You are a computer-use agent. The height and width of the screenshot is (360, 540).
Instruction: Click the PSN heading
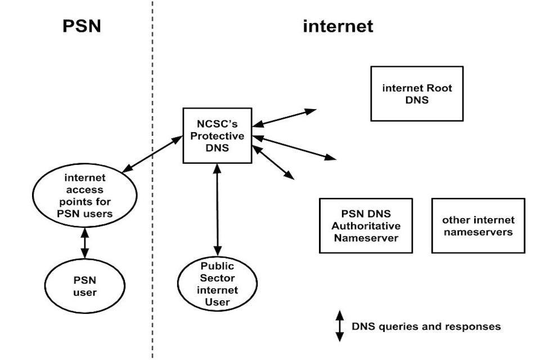[x=82, y=26]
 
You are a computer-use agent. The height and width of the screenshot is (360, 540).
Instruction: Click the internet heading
[x=337, y=26]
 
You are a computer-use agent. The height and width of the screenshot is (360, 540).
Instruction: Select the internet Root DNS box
[x=417, y=94]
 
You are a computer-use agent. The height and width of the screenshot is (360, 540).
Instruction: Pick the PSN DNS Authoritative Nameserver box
[x=366, y=226]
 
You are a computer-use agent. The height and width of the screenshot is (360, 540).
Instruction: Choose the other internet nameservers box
[x=478, y=226]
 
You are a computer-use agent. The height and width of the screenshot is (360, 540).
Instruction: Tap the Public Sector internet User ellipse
[x=217, y=285]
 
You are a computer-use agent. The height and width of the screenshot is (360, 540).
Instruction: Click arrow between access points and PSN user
[x=84, y=242]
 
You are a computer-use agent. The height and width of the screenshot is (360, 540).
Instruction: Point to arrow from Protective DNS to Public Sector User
[x=217, y=209]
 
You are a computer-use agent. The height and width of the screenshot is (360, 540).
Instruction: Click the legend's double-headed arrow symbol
[x=339, y=326]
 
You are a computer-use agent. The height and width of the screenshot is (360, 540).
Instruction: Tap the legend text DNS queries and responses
[x=426, y=326]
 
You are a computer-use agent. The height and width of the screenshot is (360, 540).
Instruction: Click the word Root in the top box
[x=439, y=88]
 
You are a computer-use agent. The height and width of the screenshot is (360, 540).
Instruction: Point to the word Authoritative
[x=366, y=226]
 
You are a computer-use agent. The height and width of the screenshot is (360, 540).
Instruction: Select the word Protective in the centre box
[x=217, y=136]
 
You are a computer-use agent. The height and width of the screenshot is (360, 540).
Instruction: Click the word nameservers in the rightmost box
[x=478, y=232]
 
